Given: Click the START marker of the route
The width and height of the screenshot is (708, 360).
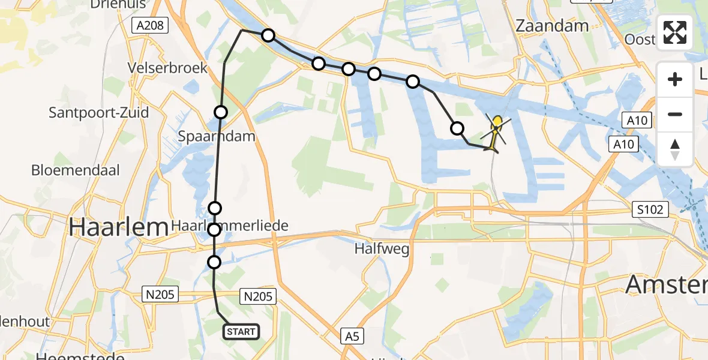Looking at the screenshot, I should (241, 331).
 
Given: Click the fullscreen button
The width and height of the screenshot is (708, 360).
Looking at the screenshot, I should (675, 32).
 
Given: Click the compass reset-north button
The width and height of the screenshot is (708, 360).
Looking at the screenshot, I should (675, 149).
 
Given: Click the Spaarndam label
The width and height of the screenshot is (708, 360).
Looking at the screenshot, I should (217, 136).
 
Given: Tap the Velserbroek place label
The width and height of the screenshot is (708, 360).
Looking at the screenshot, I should (167, 68).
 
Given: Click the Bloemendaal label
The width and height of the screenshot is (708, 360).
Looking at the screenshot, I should (76, 170).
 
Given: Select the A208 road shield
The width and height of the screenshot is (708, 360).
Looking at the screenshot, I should (150, 25).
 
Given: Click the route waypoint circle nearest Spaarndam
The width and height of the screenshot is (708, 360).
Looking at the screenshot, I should (221, 112).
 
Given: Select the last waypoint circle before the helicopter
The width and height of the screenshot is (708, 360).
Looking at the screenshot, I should (457, 128).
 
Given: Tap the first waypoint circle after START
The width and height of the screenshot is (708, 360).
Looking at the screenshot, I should (214, 262).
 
